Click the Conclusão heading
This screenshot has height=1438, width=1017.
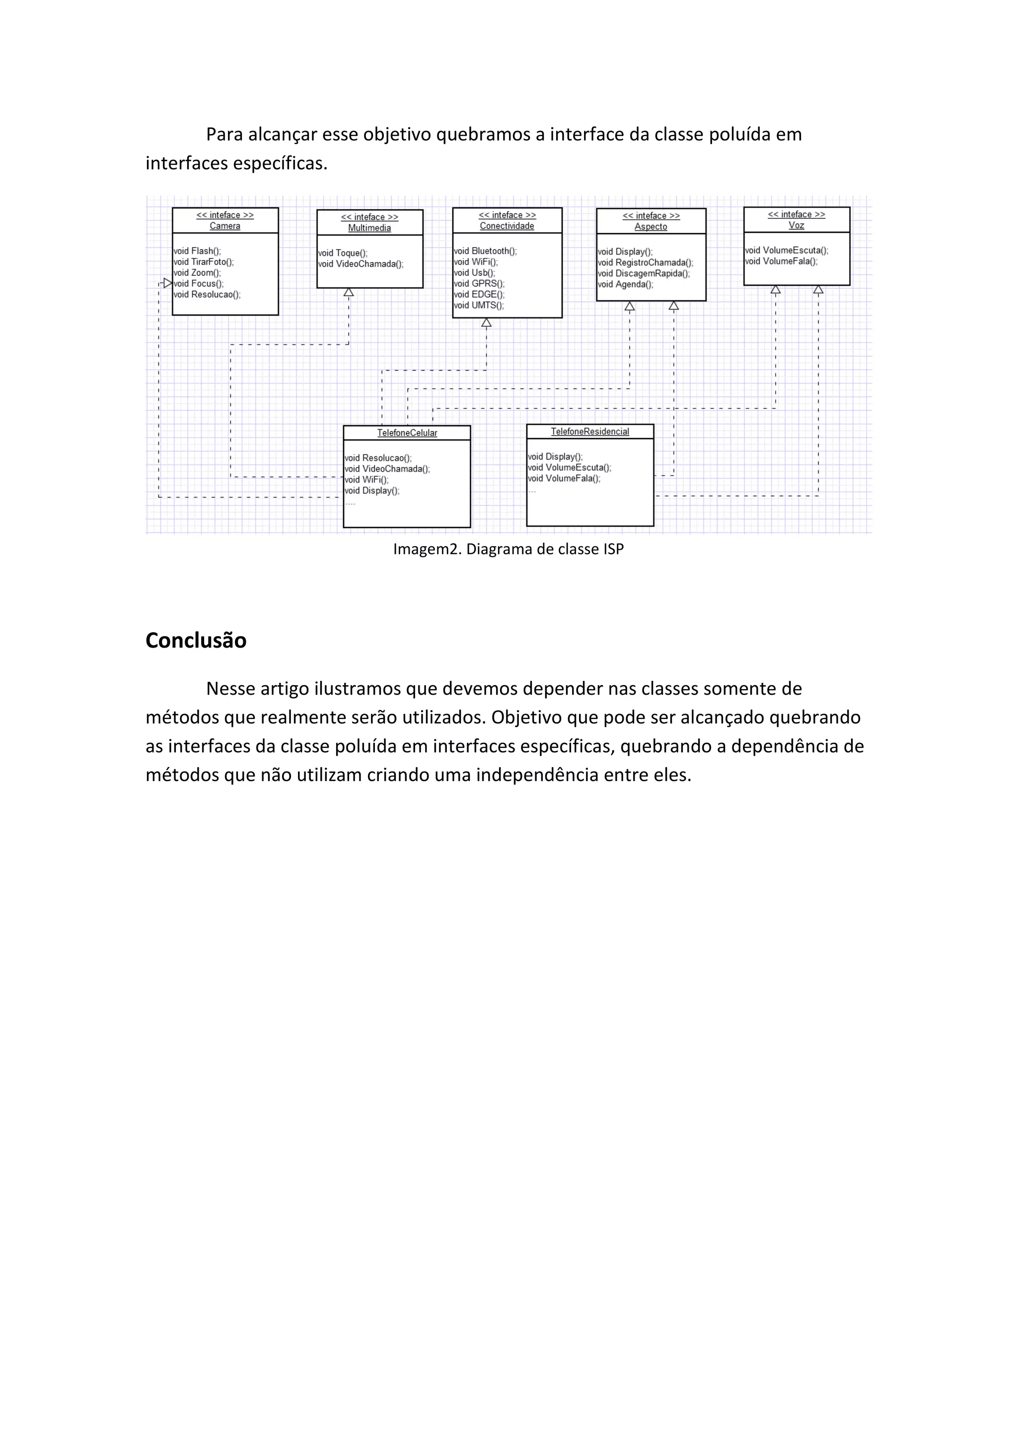[x=196, y=640]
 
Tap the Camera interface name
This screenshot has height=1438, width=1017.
[x=225, y=226]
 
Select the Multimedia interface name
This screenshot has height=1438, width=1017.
[x=369, y=228]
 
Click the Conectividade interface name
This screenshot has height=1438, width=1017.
[x=507, y=226]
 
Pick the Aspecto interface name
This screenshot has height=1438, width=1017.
[x=651, y=227]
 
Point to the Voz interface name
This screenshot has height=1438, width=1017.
[x=797, y=225]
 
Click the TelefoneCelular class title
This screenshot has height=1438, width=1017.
[x=407, y=433]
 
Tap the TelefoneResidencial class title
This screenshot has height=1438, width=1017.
[x=589, y=432]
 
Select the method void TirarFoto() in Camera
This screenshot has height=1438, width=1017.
[x=204, y=262]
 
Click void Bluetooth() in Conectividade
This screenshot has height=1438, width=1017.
[x=485, y=251]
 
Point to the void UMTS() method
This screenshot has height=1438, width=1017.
[x=479, y=306]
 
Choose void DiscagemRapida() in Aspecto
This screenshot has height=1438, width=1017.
[x=644, y=274]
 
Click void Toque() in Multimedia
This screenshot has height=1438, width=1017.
[x=343, y=253]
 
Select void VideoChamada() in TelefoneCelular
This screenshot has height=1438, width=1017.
[x=387, y=469]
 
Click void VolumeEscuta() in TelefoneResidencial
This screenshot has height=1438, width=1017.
[x=570, y=468]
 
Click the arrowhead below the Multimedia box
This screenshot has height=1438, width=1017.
[x=349, y=292]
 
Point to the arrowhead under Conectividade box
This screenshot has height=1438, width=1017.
[x=486, y=323]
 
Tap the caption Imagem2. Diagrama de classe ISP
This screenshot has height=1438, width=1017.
[x=508, y=549]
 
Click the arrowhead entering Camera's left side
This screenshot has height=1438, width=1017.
[x=167, y=284]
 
